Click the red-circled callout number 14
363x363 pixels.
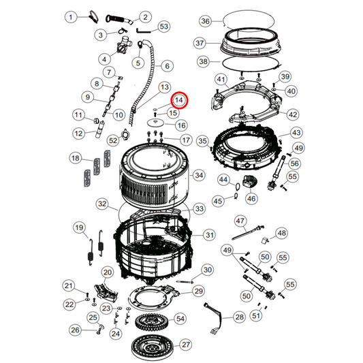(179, 100)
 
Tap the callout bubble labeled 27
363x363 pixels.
(186, 344)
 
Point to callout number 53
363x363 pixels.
(163, 27)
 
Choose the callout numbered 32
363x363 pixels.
(102, 204)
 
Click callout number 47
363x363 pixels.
(240, 220)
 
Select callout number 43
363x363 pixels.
(296, 132)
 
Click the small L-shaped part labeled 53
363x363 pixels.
(143, 30)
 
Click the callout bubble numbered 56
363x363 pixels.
(294, 163)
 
